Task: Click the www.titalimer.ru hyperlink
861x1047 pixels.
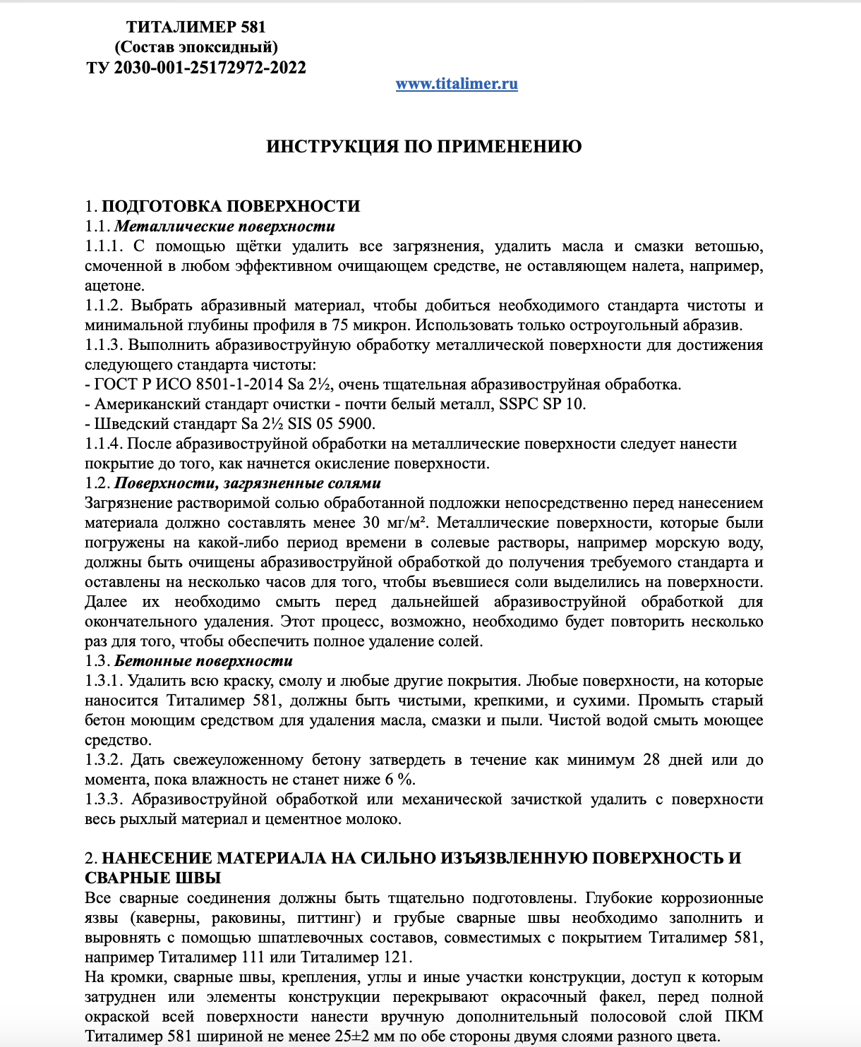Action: pyautogui.click(x=457, y=84)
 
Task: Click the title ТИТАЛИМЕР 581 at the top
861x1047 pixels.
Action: pyautogui.click(x=196, y=27)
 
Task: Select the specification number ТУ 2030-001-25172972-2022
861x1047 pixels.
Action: pyautogui.click(x=196, y=68)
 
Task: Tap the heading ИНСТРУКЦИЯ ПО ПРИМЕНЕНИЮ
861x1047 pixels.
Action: pyautogui.click(x=423, y=147)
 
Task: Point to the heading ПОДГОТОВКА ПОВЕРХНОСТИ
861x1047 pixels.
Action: pyautogui.click(x=231, y=207)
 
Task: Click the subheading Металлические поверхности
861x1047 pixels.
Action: pyautogui.click(x=224, y=226)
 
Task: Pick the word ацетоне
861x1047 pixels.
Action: pyautogui.click(x=114, y=286)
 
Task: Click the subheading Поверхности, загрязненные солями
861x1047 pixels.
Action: pyautogui.click(x=247, y=483)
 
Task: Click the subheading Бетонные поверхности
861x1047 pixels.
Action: pyautogui.click(x=203, y=661)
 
